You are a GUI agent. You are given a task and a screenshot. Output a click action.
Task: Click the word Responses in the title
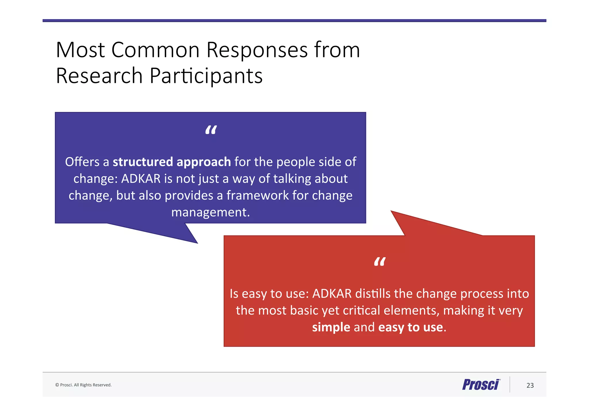click(257, 50)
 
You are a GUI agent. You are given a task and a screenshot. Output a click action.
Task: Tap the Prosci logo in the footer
click(481, 385)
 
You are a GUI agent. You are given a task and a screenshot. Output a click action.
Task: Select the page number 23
click(530, 386)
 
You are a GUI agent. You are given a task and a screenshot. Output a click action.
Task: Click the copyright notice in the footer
click(83, 385)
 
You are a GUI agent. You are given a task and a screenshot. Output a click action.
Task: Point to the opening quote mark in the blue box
click(211, 131)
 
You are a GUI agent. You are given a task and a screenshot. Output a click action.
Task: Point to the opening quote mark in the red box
click(379, 262)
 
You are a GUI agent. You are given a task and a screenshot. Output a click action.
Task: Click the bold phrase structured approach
click(172, 162)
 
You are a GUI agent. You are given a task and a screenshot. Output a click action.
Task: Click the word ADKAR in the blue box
click(141, 179)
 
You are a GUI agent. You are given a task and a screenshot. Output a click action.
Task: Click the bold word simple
click(331, 327)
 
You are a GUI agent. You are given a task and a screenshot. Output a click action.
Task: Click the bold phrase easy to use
click(410, 327)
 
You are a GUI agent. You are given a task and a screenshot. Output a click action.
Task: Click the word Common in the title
click(155, 50)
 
